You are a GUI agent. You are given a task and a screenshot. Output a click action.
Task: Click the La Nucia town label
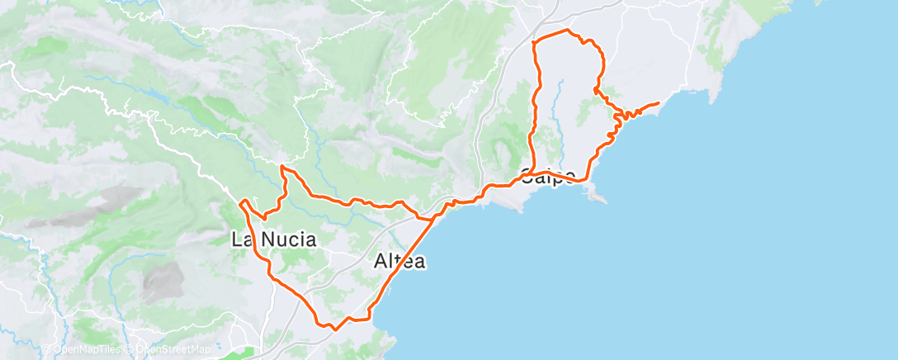[x=274, y=240]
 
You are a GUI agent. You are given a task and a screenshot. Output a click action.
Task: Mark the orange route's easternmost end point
[x=658, y=103]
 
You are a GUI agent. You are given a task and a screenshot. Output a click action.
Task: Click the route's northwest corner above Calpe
[x=535, y=41]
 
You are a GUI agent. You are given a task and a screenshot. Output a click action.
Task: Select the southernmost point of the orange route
[x=333, y=329]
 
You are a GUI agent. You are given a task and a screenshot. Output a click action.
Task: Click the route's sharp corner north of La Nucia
[x=282, y=167]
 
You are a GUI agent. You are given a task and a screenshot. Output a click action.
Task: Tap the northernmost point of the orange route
[x=566, y=31]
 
